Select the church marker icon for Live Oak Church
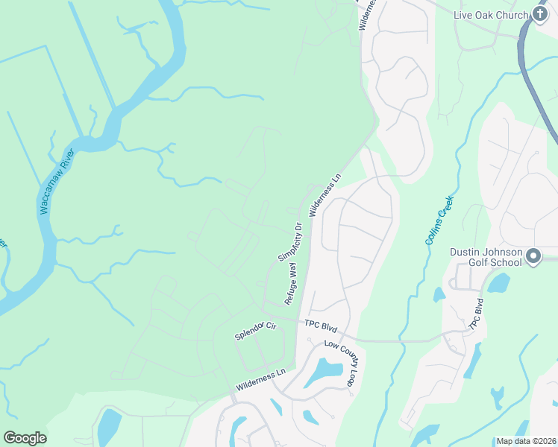coord(541,15)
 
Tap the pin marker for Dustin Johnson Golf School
coord(533,258)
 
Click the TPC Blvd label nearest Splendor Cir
coord(322,325)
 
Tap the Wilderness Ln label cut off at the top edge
coord(369,13)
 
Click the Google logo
coord(25,438)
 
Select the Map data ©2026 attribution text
coord(526,441)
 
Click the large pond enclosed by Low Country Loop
coord(325,370)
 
